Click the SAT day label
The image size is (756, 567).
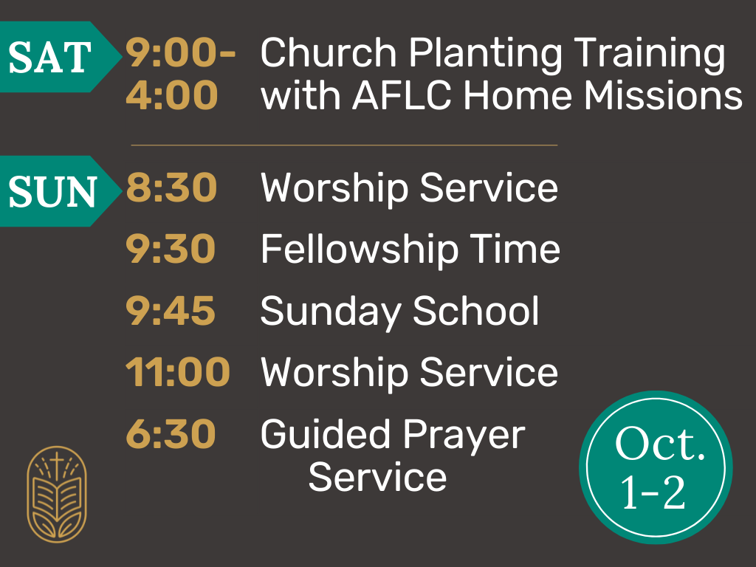49,57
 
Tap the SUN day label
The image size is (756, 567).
52,191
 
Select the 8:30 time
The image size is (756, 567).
171,187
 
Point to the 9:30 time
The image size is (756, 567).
171,248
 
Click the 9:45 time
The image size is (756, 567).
171,311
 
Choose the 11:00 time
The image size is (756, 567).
177,372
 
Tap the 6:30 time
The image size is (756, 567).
171,434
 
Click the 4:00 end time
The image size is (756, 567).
171,95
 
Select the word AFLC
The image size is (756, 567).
402,95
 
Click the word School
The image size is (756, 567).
476,311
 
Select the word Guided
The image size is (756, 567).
326,434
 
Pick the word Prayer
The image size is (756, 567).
464,436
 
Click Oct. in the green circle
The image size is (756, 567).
660,444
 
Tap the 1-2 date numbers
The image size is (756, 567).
653,492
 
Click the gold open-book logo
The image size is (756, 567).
57,495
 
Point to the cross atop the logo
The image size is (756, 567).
57,464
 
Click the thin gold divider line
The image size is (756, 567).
344,145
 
